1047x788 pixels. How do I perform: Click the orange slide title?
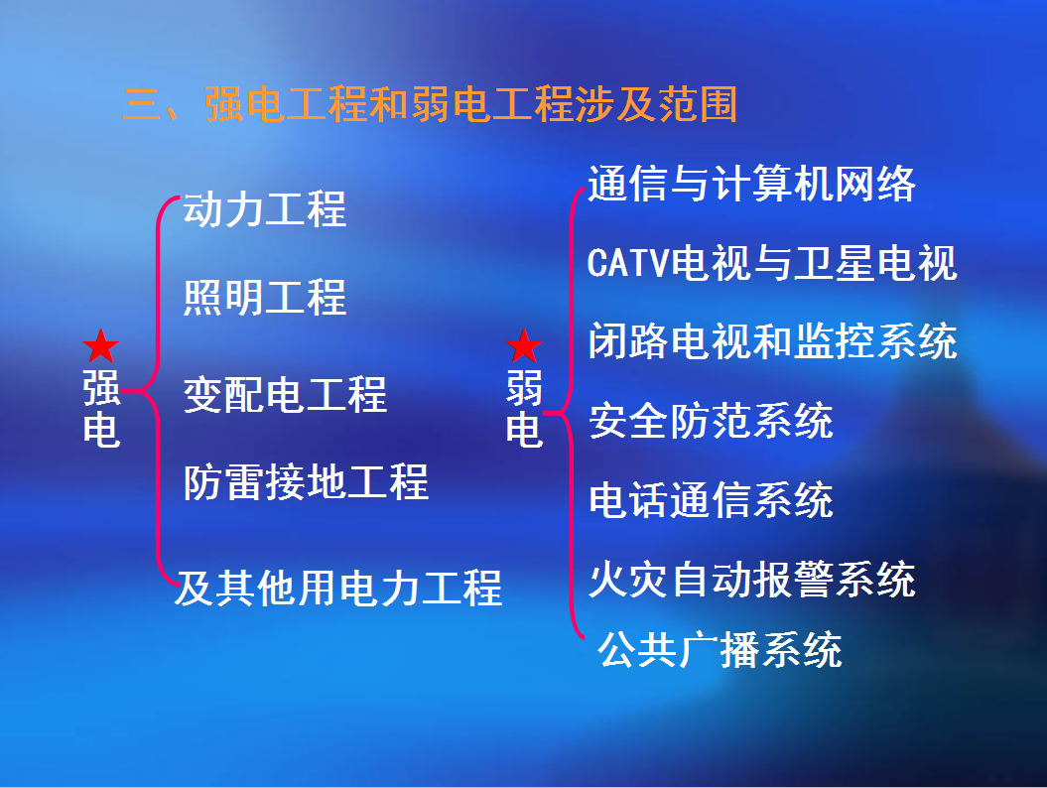click(x=430, y=104)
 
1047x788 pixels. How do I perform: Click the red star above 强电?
click(x=101, y=346)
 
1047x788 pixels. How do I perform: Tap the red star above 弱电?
click(x=524, y=346)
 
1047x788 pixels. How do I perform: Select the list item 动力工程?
click(x=265, y=209)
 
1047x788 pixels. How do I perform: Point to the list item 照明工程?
click(x=265, y=297)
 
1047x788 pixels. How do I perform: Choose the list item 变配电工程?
click(x=285, y=394)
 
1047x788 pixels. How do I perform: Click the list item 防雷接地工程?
click(x=306, y=482)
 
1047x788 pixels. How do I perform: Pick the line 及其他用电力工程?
click(x=337, y=589)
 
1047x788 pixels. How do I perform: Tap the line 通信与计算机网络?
click(x=752, y=184)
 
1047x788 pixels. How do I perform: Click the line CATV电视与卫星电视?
click(x=772, y=262)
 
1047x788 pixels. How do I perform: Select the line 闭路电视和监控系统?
click(x=772, y=341)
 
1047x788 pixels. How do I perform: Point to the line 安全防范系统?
click(x=712, y=421)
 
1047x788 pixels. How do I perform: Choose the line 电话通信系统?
click(x=712, y=500)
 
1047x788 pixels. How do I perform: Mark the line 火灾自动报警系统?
click(x=752, y=579)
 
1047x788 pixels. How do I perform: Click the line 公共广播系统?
click(x=720, y=650)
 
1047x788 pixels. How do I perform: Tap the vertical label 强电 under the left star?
click(x=101, y=408)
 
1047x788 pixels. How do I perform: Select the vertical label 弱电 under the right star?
click(x=524, y=408)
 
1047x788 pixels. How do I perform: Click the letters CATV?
click(x=627, y=262)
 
